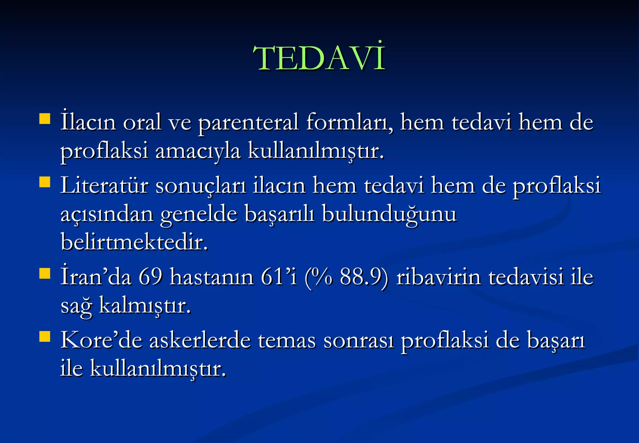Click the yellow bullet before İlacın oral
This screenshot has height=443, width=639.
(45, 119)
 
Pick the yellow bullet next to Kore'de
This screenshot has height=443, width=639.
(45, 336)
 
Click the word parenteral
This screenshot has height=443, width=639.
(248, 123)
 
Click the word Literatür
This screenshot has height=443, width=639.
(104, 186)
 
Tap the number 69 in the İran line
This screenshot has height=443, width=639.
(150, 277)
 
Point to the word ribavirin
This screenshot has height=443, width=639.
(438, 277)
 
